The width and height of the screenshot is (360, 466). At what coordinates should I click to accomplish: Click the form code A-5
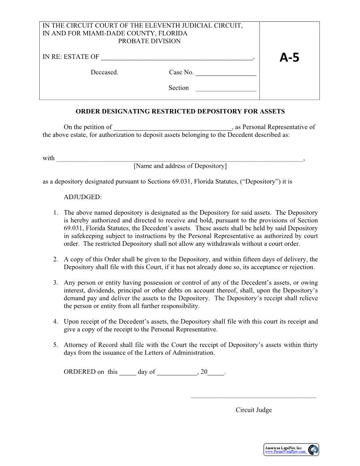[x=289, y=57]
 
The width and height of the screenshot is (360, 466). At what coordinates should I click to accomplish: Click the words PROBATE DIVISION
[x=149, y=41]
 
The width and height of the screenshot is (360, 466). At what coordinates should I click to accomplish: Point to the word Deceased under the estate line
[x=105, y=72]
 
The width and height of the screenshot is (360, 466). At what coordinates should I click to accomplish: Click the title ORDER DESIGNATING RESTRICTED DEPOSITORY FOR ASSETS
[x=180, y=111]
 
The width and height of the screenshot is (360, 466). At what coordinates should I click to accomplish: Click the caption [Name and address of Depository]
[x=180, y=166]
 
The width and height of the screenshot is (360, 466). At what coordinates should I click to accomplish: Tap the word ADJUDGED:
[x=82, y=197]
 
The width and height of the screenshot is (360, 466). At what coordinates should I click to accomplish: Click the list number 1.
[x=56, y=213]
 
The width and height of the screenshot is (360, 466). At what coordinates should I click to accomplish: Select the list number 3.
[x=56, y=282]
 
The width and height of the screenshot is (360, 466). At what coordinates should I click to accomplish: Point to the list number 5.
[x=56, y=345]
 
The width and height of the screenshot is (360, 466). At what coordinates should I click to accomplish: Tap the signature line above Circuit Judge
[x=253, y=397]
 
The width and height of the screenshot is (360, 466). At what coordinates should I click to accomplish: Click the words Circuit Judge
[x=254, y=410]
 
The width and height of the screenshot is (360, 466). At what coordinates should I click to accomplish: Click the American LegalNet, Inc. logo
[x=291, y=450]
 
